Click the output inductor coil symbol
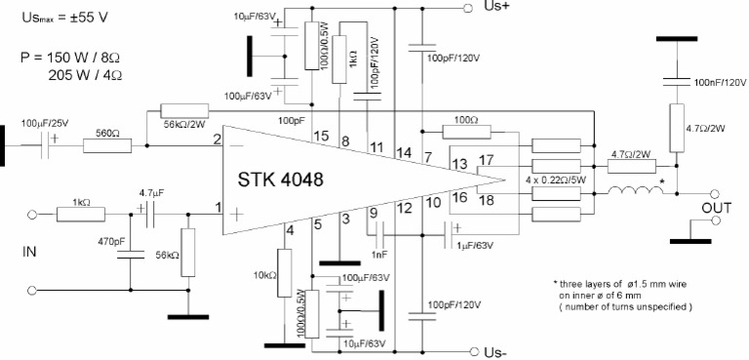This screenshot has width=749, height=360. pos(634,191)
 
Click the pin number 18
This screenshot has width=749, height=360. pos(486,201)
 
